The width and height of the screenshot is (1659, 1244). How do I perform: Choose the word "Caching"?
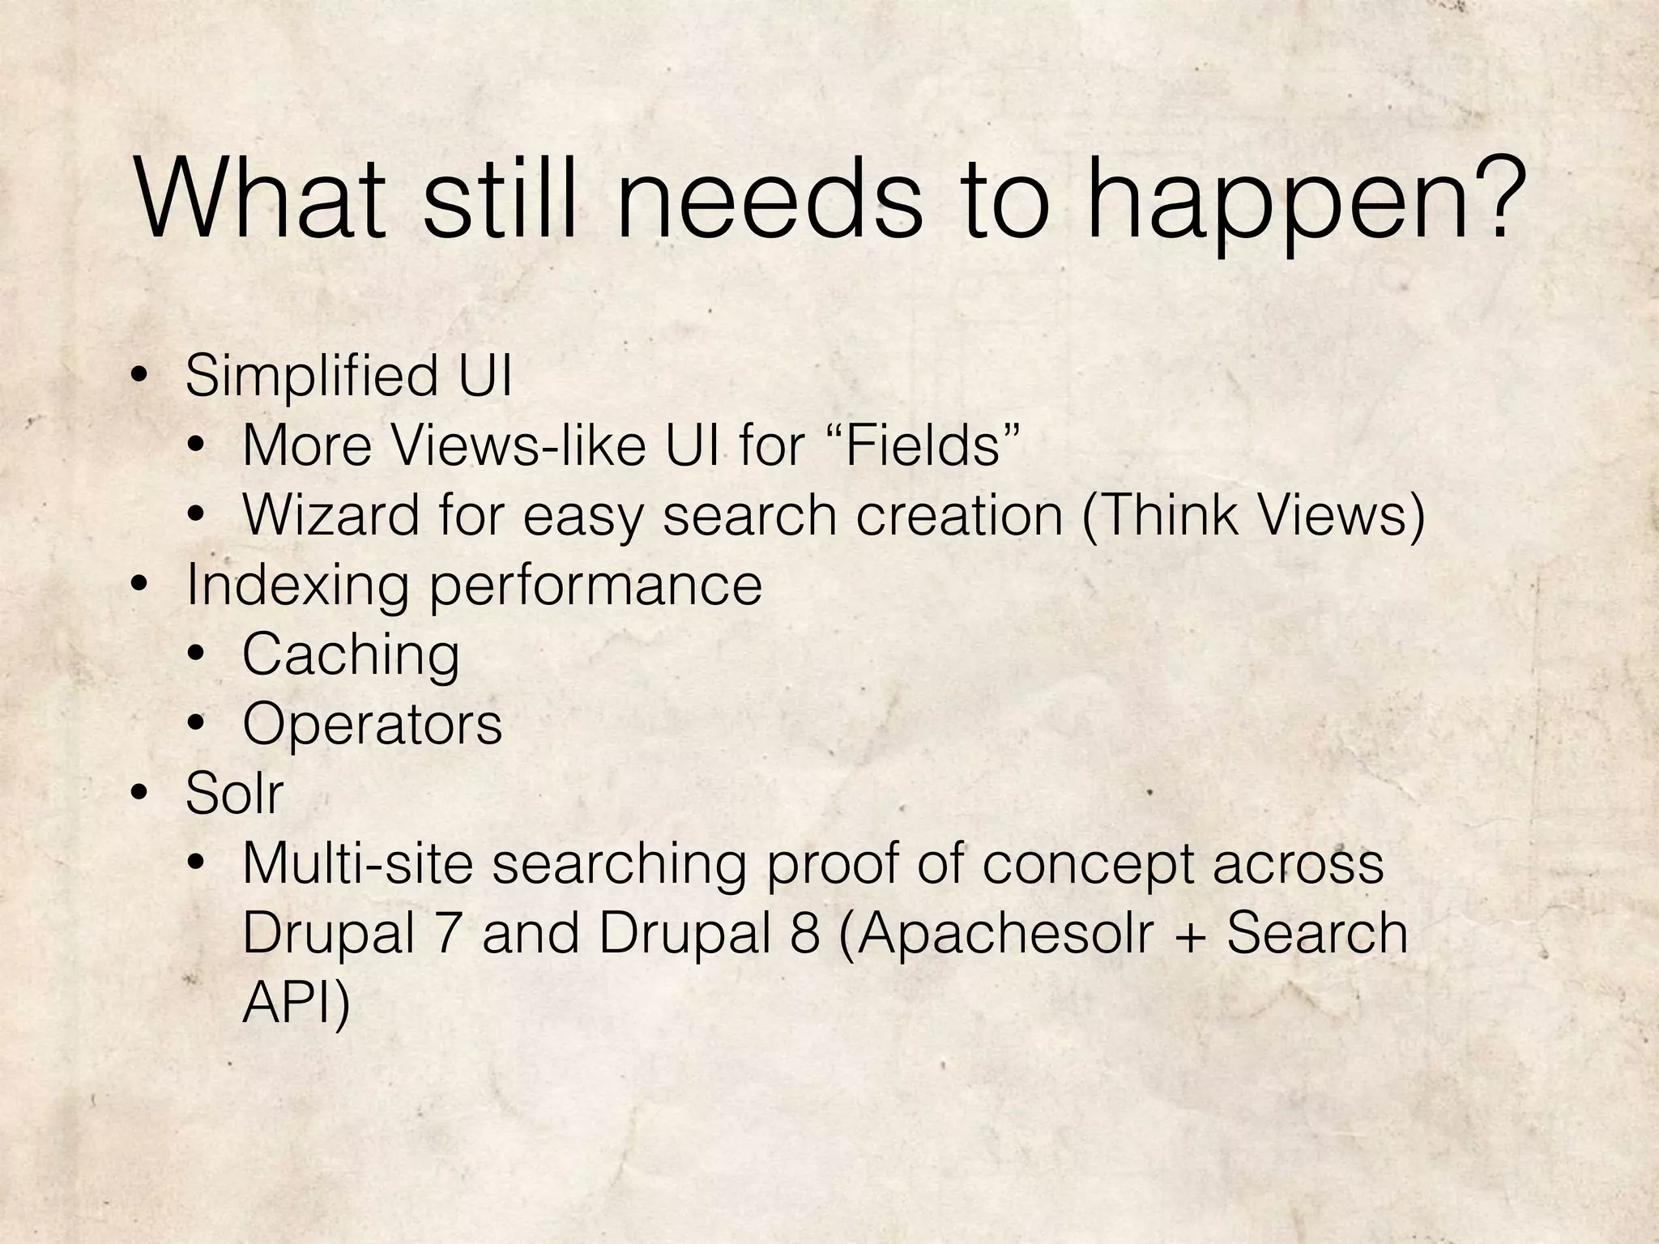pos(351,656)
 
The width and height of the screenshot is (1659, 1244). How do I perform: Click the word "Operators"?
pos(372,725)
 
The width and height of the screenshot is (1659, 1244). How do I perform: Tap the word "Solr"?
pos(234,793)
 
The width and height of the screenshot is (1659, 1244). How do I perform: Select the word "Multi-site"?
pos(357,863)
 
